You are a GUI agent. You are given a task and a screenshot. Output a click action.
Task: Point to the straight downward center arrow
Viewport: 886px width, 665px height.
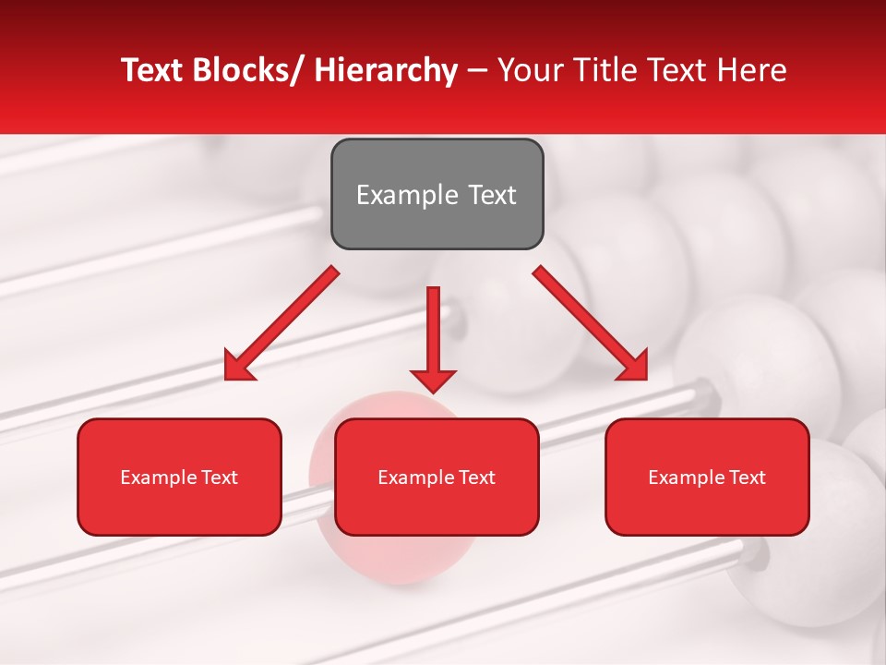pyautogui.click(x=433, y=341)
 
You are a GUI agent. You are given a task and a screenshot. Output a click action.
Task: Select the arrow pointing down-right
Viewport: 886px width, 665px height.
pyautogui.click(x=591, y=324)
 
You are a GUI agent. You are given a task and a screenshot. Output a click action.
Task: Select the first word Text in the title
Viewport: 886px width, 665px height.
pyautogui.click(x=152, y=70)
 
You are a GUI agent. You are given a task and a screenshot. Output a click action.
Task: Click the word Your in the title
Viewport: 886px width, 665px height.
pyautogui.click(x=528, y=70)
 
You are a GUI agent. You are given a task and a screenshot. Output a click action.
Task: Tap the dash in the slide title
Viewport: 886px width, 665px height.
pyautogui.click(x=477, y=70)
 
